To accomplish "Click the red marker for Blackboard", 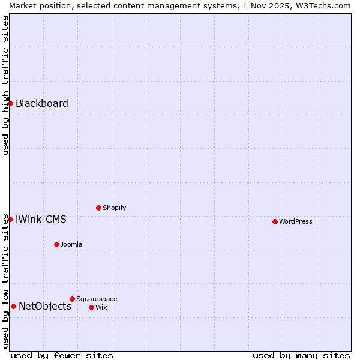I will click(10, 103).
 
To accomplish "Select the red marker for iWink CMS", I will click(10, 219).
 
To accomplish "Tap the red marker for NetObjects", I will click(13, 306).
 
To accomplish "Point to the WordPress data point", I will click(275, 221).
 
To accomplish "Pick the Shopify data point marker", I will click(98, 208).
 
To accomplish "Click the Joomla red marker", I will click(56, 244).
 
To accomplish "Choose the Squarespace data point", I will click(72, 299).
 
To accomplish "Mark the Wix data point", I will click(91, 307).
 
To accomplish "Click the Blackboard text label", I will click(42, 103).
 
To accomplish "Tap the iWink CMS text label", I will click(41, 219).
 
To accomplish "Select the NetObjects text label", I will click(45, 306).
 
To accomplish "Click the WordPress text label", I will click(296, 221).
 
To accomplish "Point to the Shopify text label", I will click(115, 208).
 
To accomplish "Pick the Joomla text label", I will click(71, 244).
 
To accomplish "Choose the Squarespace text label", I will click(97, 299).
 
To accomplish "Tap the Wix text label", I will click(101, 307).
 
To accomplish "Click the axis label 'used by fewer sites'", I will click(62, 355).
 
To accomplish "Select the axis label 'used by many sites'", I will click(301, 355).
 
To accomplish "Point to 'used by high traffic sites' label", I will click(5, 85).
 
